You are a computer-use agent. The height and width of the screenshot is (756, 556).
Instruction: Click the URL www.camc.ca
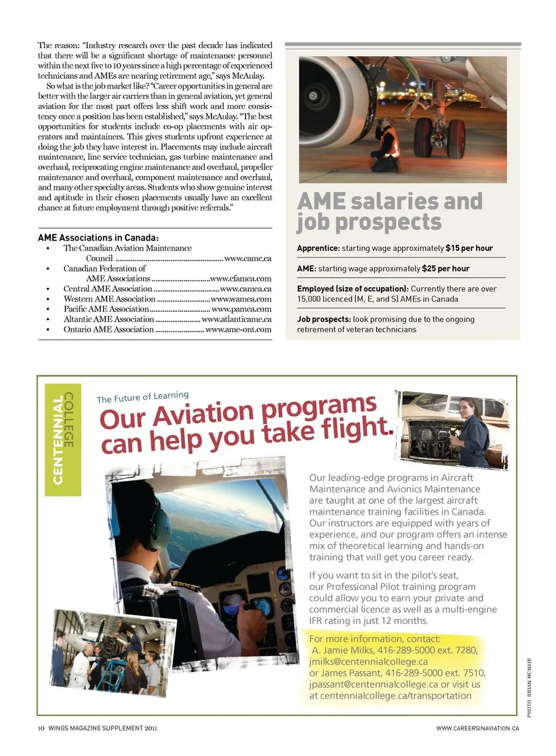point(247,258)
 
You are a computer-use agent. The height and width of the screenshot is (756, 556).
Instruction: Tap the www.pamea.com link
point(242,309)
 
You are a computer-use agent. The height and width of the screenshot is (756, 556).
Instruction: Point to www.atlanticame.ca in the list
point(236,319)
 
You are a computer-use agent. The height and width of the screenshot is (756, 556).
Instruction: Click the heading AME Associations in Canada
point(98,238)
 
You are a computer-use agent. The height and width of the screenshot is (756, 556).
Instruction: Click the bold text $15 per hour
point(469,248)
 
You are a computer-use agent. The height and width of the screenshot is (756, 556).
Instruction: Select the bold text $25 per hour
point(445,269)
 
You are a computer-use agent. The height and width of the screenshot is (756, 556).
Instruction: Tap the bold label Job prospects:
point(324,319)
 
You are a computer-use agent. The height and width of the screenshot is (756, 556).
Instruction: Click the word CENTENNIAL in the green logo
point(58,440)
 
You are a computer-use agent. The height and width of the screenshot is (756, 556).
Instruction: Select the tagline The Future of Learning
point(142,397)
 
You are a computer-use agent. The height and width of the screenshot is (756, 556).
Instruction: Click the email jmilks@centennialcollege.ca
point(368,662)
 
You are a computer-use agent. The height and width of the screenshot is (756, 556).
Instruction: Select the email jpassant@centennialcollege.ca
point(373,684)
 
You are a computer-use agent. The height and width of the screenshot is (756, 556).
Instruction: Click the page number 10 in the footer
point(41,728)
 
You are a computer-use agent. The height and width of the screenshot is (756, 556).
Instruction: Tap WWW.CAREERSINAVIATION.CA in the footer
point(477,728)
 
